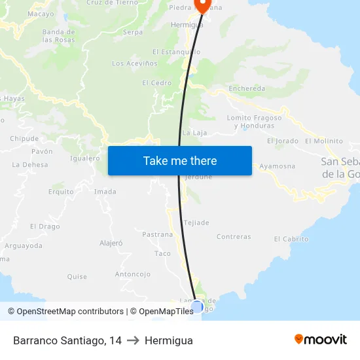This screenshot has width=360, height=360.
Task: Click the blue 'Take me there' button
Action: [179, 161]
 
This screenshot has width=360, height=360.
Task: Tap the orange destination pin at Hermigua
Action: [202, 6]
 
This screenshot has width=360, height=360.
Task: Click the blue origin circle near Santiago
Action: [197, 306]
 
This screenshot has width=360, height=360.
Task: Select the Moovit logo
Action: [321, 340]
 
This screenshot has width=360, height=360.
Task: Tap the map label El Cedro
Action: [156, 83]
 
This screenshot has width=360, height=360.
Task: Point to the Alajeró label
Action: [111, 243]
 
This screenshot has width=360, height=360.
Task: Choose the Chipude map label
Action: [24, 139]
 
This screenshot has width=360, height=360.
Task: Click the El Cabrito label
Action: [291, 239]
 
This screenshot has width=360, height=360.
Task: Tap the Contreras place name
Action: [234, 237]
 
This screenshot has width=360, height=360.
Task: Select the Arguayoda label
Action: [24, 246]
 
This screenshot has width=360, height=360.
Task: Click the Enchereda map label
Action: [247, 88]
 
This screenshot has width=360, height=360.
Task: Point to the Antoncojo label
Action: [133, 274]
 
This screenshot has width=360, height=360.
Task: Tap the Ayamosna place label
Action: [278, 166]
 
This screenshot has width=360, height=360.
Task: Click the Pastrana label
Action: [157, 234]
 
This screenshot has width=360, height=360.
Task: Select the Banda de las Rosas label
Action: [58, 35]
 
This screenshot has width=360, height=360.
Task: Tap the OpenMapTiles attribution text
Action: [162, 312]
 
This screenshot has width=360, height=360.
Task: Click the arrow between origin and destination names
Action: [133, 340]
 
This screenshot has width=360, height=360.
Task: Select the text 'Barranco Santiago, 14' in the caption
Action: [67, 340]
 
